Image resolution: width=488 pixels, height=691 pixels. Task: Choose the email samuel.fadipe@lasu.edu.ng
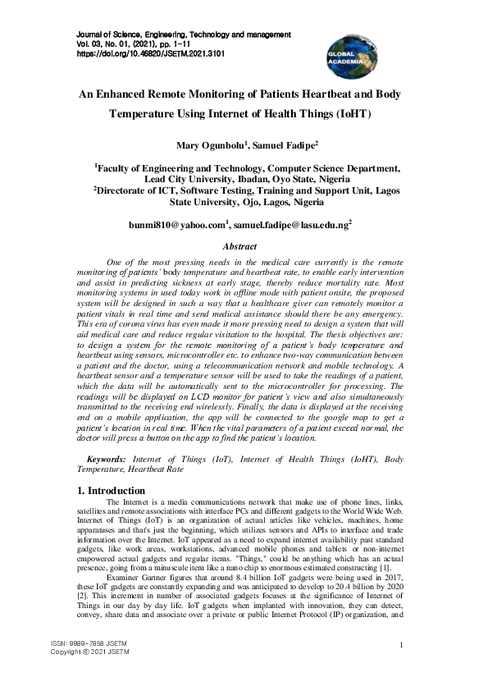pyautogui.click(x=290, y=223)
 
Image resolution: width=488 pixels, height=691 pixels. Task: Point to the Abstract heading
pyautogui.click(x=239, y=246)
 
